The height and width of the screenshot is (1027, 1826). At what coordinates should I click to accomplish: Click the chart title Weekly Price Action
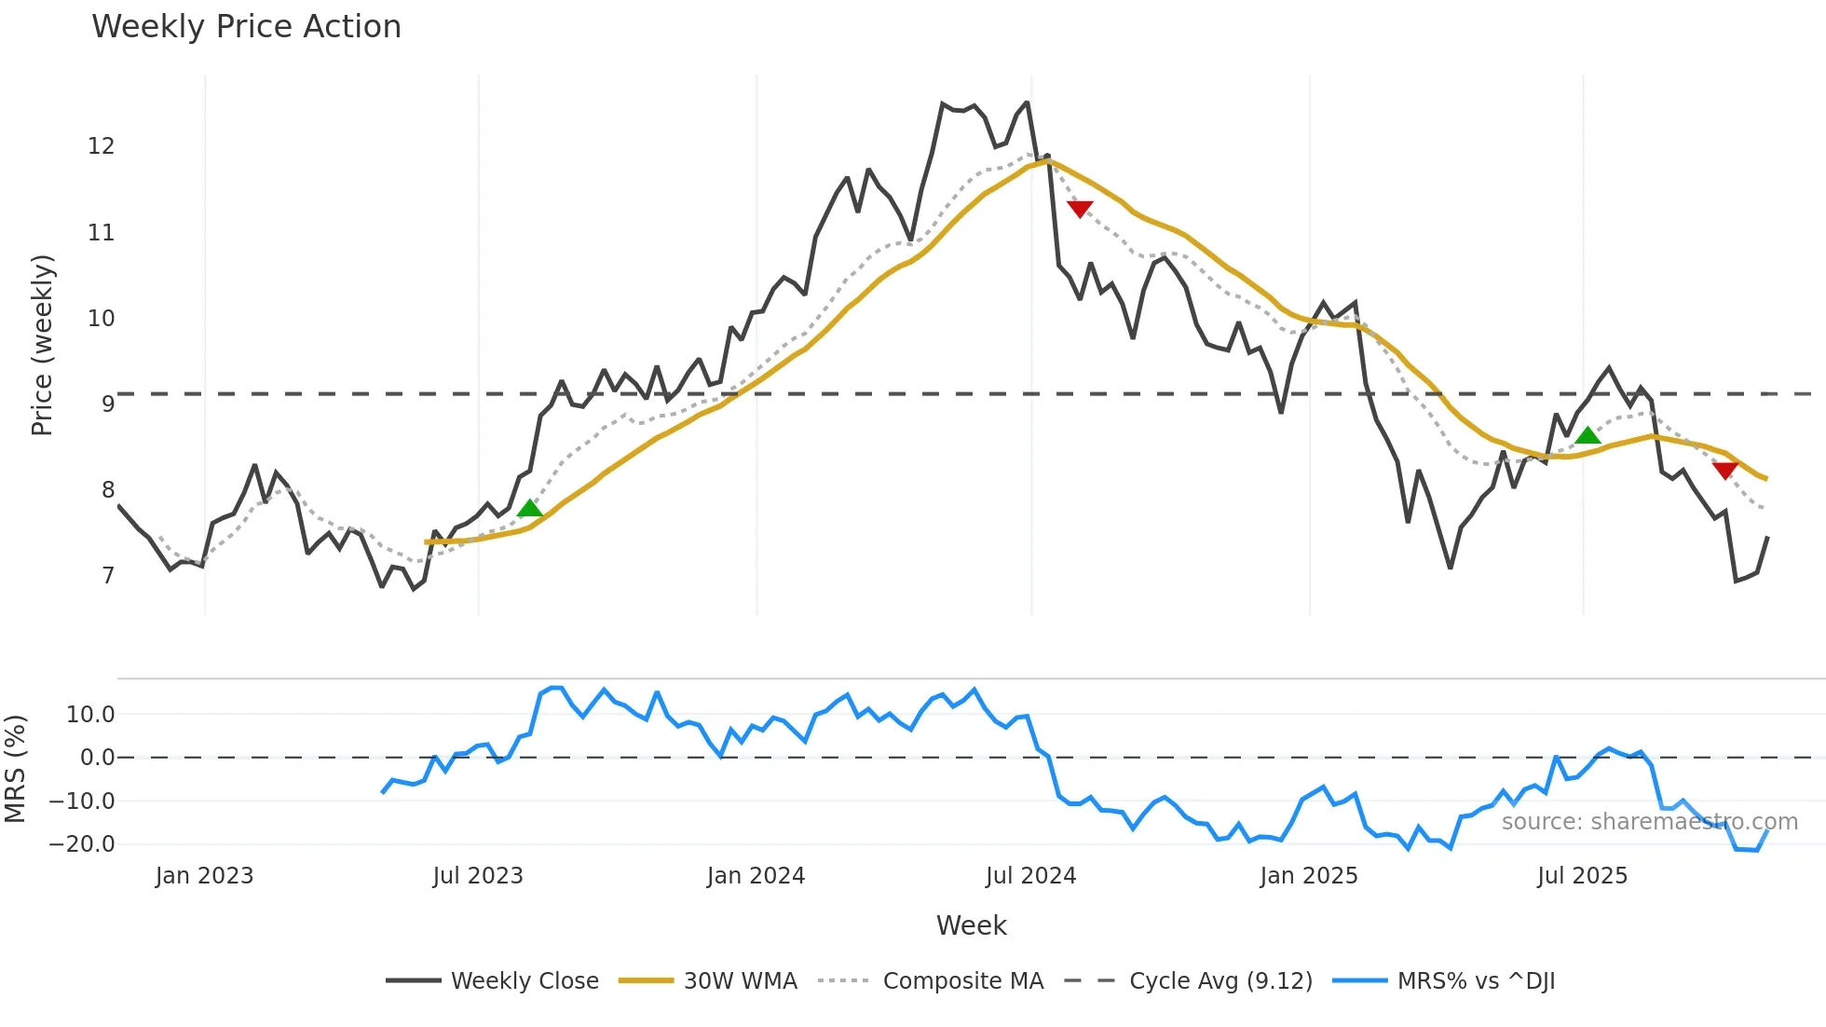click(x=246, y=27)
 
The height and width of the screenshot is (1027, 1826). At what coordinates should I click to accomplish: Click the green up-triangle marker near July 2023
click(x=530, y=508)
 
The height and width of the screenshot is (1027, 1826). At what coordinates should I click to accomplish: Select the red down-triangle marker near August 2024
click(x=1080, y=209)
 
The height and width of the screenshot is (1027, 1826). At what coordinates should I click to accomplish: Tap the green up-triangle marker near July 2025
click(x=1588, y=434)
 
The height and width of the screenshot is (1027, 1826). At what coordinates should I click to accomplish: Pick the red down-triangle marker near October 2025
click(x=1725, y=471)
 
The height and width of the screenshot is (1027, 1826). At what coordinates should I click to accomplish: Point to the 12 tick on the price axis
click(x=101, y=146)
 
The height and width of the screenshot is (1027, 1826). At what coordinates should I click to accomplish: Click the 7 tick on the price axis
click(x=108, y=576)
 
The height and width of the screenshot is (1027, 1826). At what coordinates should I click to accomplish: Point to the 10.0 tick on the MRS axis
click(x=90, y=715)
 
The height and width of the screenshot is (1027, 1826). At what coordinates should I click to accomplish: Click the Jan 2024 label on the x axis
click(x=756, y=876)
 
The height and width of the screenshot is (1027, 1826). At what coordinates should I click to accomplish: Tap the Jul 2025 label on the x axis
click(x=1582, y=876)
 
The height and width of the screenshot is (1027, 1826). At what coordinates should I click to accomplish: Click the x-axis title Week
click(x=971, y=925)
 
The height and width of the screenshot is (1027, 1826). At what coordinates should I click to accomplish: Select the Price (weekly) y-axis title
click(x=43, y=345)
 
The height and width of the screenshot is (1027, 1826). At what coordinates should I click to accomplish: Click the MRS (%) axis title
click(x=15, y=769)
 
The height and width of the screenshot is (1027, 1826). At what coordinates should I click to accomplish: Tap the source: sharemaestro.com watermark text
click(x=1649, y=822)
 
